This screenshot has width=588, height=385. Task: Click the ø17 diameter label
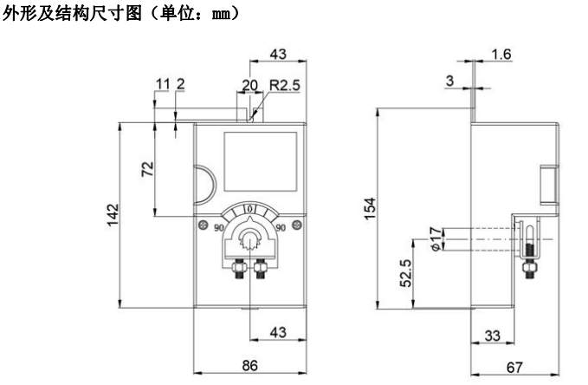click(x=436, y=237)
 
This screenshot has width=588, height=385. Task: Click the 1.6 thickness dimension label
click(x=501, y=55)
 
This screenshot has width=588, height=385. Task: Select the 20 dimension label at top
click(x=249, y=87)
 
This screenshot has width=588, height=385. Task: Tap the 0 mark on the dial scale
click(x=249, y=208)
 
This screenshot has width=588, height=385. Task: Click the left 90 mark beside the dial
click(x=220, y=227)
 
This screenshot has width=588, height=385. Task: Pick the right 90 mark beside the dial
click(x=279, y=227)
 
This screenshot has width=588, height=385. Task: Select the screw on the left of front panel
click(x=202, y=224)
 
